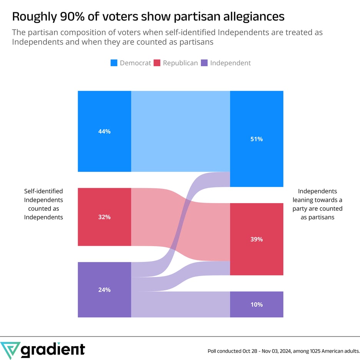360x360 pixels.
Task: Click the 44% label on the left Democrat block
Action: [104, 132]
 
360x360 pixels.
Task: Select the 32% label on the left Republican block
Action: [104, 217]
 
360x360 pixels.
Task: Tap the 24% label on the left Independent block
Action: [104, 290]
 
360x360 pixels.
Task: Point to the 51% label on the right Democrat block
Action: [257, 139]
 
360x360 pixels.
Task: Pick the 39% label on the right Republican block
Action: [257, 239]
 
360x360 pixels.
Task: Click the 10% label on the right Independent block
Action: [257, 305]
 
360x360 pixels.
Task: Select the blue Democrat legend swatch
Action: [114, 63]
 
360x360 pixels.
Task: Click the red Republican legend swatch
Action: [157, 63]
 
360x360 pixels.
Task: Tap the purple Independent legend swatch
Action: [204, 63]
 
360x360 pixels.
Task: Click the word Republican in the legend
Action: [180, 63]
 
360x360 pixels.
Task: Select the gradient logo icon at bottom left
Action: [10, 350]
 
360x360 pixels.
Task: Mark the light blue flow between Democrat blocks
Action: [180, 132]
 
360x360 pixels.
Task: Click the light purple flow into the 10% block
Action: [180, 305]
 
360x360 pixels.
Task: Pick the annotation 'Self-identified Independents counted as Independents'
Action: [43, 204]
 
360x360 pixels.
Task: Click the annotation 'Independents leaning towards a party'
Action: [317, 204]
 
